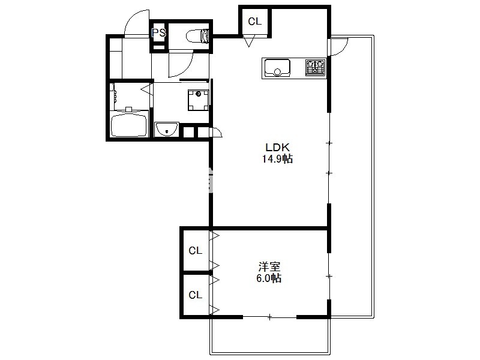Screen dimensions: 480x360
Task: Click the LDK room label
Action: pyautogui.click(x=277, y=148)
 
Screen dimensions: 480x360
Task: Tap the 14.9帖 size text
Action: pyautogui.click(x=277, y=159)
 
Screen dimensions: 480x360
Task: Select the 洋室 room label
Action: pyautogui.click(x=269, y=266)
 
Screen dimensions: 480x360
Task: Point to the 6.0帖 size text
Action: pyautogui.click(x=269, y=278)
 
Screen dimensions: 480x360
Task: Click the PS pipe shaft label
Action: pyautogui.click(x=159, y=32)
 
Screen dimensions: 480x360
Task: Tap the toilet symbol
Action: pyautogui.click(x=197, y=36)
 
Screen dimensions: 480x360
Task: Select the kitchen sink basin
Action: pyautogui.click(x=277, y=68)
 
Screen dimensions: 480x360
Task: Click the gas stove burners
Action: pyautogui.click(x=316, y=68)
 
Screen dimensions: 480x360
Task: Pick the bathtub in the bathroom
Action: pyautogui.click(x=129, y=124)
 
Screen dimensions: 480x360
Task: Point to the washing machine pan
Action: pyautogui.click(x=199, y=100)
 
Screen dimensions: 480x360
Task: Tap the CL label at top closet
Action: pyautogui.click(x=254, y=22)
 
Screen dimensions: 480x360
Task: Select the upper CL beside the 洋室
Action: pyautogui.click(x=196, y=251)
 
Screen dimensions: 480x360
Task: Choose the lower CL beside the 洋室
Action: pyautogui.click(x=196, y=295)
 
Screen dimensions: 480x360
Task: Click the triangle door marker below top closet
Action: pyautogui.click(x=249, y=41)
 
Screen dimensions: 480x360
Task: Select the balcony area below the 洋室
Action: pyautogui.click(x=269, y=336)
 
